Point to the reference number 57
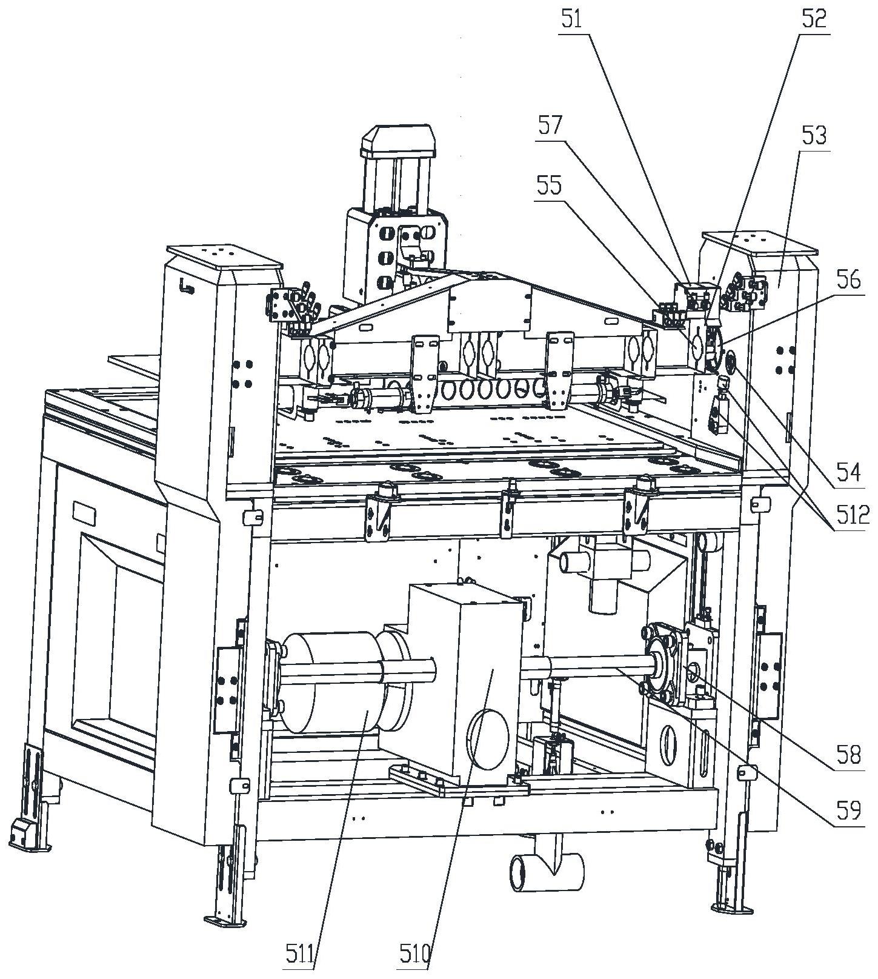click(549, 126)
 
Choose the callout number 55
click(549, 186)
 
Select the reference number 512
click(848, 516)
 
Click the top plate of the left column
click(225, 257)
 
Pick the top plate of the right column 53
click(760, 241)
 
